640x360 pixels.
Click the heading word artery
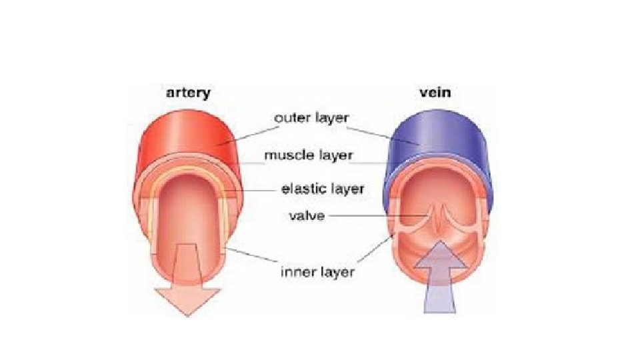(x=187, y=93)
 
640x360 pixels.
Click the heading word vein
(x=435, y=93)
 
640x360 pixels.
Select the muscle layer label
(x=309, y=156)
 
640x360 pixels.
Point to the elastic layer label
(x=323, y=189)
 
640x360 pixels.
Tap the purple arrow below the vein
(x=441, y=280)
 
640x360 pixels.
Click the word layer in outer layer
(x=333, y=117)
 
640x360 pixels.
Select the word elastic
(x=304, y=189)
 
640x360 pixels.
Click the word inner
(x=294, y=272)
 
